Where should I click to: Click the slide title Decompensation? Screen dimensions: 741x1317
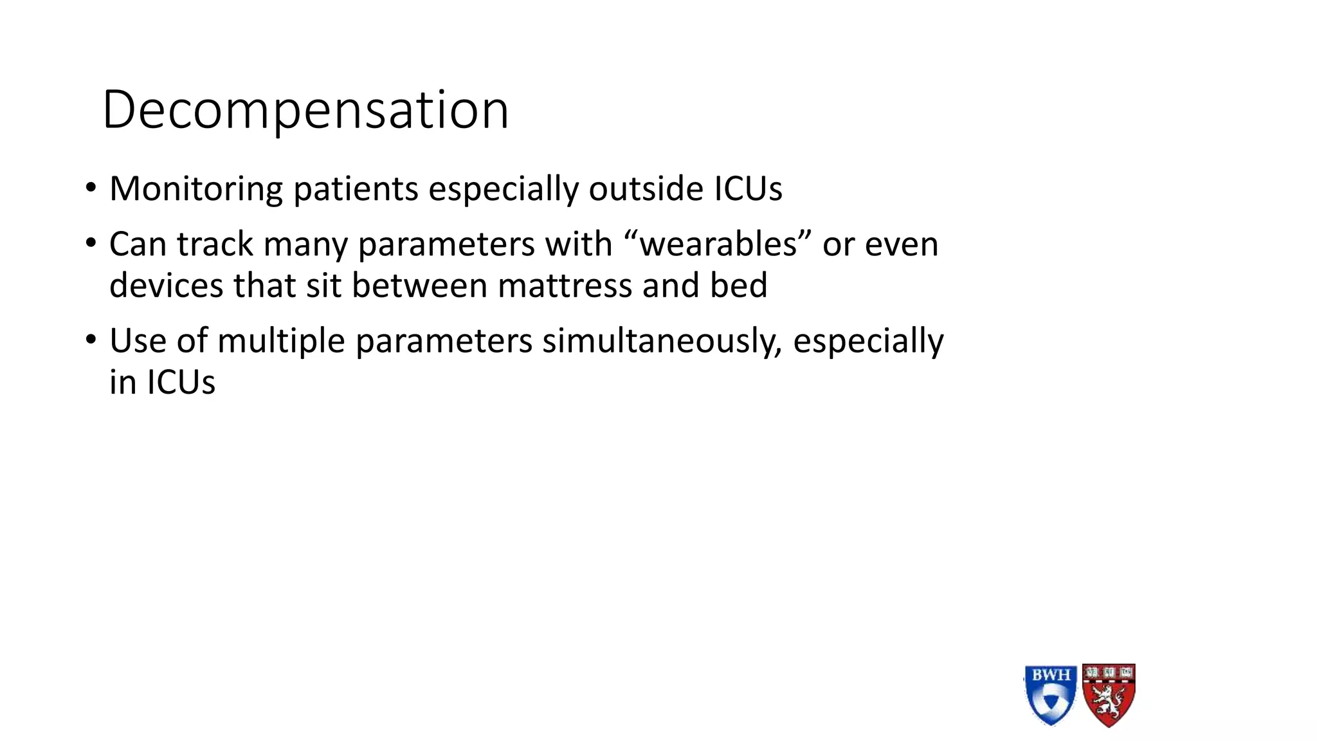click(305, 111)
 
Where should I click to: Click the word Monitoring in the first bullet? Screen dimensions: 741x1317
click(195, 190)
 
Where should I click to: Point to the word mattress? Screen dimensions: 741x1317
click(565, 286)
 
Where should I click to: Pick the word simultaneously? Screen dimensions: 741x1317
click(662, 341)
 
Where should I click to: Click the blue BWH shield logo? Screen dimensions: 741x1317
click(1050, 695)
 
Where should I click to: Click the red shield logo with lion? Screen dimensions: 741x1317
click(1109, 695)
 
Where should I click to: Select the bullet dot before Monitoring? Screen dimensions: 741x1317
click(91, 188)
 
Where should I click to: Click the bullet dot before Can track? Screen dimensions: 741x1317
click(91, 244)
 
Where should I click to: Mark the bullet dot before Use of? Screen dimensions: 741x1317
click(91, 340)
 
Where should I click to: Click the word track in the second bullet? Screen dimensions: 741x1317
click(215, 244)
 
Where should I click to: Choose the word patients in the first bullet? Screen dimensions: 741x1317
click(356, 190)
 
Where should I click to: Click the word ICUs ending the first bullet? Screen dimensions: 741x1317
click(748, 190)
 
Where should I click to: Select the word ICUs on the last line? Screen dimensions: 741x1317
click(181, 383)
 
